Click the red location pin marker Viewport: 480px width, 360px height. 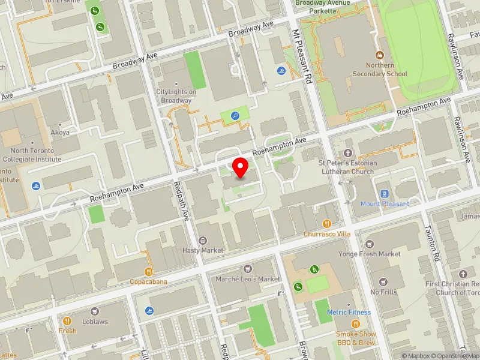tap(241, 167)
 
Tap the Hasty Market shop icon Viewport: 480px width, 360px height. tap(202, 241)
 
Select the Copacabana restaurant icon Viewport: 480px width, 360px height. tap(148, 271)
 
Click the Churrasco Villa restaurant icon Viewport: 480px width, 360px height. tap(326, 224)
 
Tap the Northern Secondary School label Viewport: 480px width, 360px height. tap(388, 70)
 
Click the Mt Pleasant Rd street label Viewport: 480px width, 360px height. tap(301, 58)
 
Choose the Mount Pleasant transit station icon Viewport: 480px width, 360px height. tap(385, 194)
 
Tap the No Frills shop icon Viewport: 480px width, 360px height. tap(383, 282)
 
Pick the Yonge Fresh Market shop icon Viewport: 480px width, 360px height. tap(369, 244)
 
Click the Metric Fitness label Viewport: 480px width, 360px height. tap(349, 313)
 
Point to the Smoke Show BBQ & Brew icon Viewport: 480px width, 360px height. tap(356, 324)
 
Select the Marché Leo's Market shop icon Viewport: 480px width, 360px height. tap(247, 269)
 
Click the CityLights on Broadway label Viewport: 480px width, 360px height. tap(176, 95)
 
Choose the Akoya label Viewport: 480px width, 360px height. tap(61, 133)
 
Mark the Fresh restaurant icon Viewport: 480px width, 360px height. tap(67, 321)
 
